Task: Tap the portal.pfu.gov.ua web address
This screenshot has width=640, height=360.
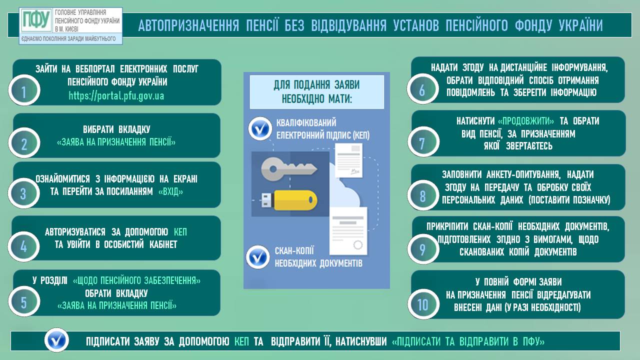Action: [x=116, y=95]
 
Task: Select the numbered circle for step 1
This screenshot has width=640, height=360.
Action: [x=24, y=90]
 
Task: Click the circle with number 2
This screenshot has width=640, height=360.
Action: [x=24, y=143]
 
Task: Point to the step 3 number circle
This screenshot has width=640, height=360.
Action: [x=23, y=193]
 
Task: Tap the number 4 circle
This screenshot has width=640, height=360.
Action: [x=23, y=246]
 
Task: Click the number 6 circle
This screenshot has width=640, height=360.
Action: [x=422, y=89]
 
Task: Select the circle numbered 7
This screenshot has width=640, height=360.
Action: [x=423, y=141]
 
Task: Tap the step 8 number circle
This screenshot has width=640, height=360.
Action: [x=423, y=195]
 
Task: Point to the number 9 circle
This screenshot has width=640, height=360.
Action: [x=423, y=248]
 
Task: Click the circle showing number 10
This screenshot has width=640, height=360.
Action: [x=423, y=304]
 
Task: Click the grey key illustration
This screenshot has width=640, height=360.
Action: [x=289, y=169]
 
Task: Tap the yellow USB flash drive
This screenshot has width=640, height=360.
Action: [x=289, y=200]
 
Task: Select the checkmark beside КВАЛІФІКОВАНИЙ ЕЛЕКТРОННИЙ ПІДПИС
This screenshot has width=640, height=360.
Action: [x=260, y=128]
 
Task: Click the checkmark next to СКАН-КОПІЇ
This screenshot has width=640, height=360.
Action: [x=257, y=257]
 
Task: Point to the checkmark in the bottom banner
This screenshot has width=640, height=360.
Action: [x=56, y=340]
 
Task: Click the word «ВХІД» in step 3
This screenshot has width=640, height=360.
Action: [x=170, y=191]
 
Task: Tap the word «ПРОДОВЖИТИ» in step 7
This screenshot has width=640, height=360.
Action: [x=525, y=121]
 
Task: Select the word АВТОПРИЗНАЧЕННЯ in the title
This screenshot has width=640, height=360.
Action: [x=188, y=25]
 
